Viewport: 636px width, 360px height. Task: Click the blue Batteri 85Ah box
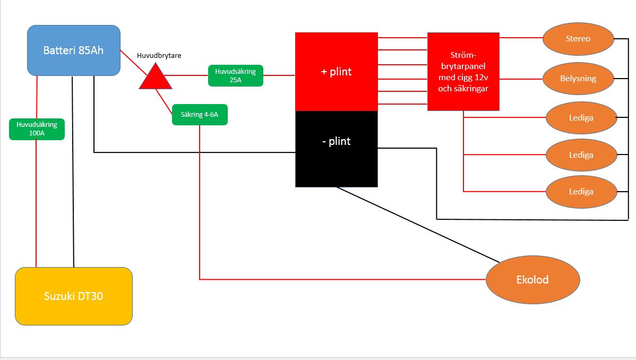point(74,50)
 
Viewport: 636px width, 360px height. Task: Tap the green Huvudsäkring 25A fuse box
point(236,75)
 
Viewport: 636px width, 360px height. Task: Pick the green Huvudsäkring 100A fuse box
point(37,129)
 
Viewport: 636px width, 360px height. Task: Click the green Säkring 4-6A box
point(200,115)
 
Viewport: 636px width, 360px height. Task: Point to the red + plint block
point(336,72)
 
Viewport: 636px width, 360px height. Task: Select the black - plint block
point(336,149)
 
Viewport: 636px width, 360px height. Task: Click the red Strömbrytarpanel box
point(463,71)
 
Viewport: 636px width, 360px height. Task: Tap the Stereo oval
point(578,39)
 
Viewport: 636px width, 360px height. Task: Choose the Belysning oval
point(578,79)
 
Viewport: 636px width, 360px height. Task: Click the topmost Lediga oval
point(581,117)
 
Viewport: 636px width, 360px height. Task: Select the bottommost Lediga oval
point(581,192)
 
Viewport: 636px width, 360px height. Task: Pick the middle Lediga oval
point(581,155)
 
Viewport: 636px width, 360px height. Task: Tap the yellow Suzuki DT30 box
point(73,296)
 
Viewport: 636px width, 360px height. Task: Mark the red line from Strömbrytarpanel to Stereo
point(521,38)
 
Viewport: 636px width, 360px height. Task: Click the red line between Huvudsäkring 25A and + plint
point(279,75)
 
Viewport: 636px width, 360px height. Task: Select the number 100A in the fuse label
point(37,133)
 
